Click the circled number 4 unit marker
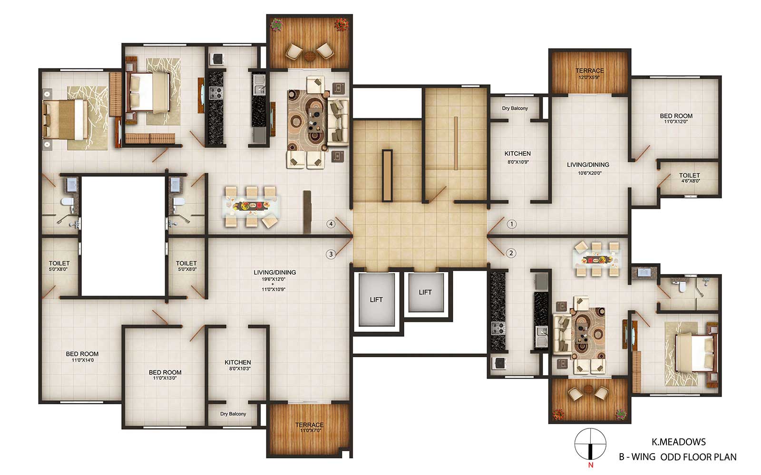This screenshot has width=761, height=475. tap(331, 224)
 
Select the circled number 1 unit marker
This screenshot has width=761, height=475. tap(512, 224)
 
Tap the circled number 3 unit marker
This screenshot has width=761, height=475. tap(331, 254)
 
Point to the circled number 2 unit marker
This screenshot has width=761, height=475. tap(511, 253)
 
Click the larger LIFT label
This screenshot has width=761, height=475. tap(376, 300)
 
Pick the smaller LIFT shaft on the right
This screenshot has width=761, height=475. tap(426, 293)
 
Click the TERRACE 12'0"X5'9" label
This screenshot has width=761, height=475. tap(590, 73)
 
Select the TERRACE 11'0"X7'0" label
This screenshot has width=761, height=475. tap(310, 427)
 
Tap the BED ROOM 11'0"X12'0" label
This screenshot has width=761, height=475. tap(676, 118)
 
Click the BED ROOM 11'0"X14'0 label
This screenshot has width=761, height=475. tap(82, 357)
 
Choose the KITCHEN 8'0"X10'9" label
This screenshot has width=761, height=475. tap(517, 157)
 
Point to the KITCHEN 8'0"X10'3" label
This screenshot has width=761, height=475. tap(238, 365)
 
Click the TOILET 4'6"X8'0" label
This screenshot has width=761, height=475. tap(690, 178)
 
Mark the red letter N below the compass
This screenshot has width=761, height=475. tap(590, 465)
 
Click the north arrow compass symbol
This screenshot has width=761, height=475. tap(590, 444)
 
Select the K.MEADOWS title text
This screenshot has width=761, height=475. tap(678, 442)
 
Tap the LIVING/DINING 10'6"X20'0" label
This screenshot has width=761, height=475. tap(588, 168)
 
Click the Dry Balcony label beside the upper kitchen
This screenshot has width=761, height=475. tap(515, 108)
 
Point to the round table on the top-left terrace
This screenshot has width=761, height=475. tap(310, 56)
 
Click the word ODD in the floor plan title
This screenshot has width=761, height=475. tap(668, 457)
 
